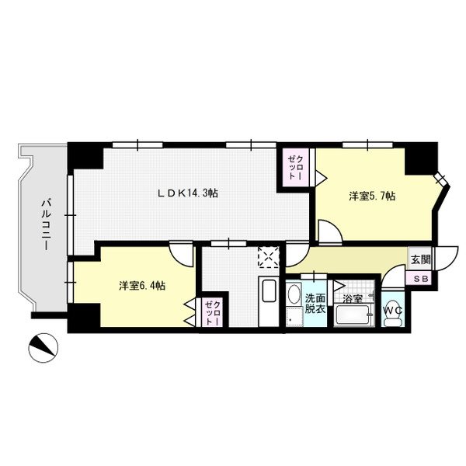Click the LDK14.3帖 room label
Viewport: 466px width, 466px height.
[x=187, y=193]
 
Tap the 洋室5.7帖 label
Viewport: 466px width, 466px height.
[x=372, y=196]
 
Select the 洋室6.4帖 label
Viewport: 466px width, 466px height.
[x=142, y=286]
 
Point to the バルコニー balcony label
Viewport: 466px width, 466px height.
[x=45, y=225]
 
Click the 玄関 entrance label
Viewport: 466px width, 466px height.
[x=420, y=259]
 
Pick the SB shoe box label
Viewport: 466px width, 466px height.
[x=422, y=279]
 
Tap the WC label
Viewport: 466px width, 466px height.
[x=392, y=311]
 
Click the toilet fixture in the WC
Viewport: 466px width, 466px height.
[x=393, y=321]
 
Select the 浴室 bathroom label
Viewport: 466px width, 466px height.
[x=353, y=299]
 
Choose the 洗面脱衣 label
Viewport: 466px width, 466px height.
[x=315, y=303]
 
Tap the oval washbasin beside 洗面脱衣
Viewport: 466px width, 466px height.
[x=294, y=294]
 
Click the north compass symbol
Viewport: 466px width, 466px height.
[x=43, y=347]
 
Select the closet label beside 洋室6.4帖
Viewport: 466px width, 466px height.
[x=213, y=313]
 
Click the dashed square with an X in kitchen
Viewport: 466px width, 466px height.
[x=269, y=257]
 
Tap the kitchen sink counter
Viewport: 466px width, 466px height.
[x=269, y=301]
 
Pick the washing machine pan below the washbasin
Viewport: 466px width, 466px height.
[x=294, y=318]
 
